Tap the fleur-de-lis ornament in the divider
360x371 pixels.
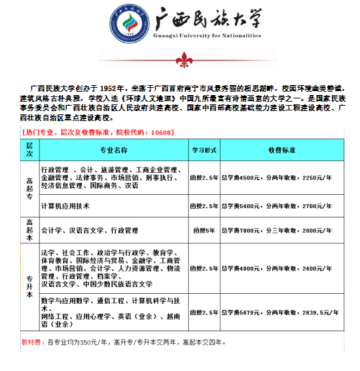(x=181, y=62)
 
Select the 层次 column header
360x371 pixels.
(x=29, y=150)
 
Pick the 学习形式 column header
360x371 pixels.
(x=204, y=150)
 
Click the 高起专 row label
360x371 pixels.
(x=29, y=188)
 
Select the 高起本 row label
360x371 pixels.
(x=29, y=230)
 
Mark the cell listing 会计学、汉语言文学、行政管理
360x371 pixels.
(x=89, y=231)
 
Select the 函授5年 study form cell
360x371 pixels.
(x=204, y=231)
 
